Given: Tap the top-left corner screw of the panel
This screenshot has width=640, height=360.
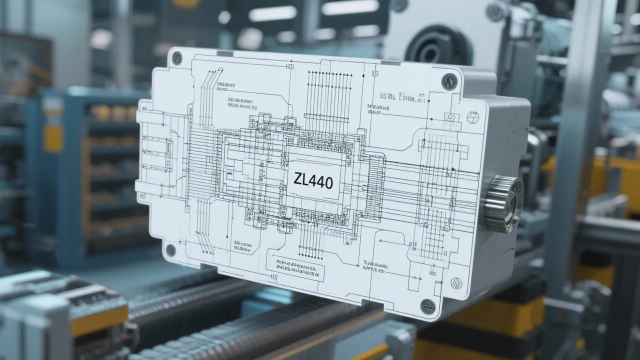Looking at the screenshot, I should [x=176, y=58].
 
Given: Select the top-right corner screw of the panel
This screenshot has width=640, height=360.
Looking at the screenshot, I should [x=449, y=81].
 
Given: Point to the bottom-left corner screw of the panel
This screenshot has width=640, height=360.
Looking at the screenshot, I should [x=170, y=250].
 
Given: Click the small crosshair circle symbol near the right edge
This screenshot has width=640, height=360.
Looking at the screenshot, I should [x=472, y=117].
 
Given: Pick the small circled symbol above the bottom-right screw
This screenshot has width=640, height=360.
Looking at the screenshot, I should [x=455, y=283].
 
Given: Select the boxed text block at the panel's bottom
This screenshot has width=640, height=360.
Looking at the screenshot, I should [x=295, y=269].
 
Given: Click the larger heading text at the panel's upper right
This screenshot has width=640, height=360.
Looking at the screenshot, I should [x=402, y=97].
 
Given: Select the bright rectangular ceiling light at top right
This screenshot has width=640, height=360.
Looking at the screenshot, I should [x=350, y=7].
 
